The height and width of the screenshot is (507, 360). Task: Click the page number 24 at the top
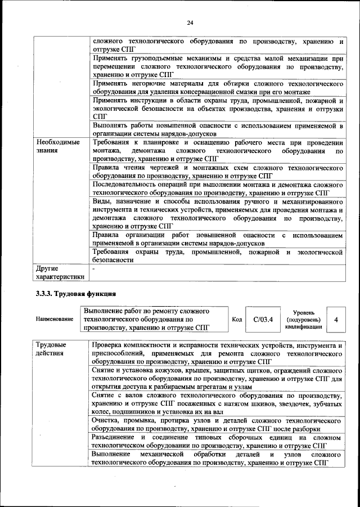click(x=190, y=23)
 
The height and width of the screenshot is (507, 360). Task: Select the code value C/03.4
click(x=263, y=319)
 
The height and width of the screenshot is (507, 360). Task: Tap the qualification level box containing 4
click(x=336, y=319)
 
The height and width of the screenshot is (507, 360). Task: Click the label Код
click(x=237, y=319)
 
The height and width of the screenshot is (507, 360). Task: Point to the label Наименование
click(x=55, y=319)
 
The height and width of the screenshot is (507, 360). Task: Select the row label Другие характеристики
click(x=60, y=272)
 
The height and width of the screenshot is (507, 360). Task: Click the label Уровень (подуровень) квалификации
click(x=304, y=319)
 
